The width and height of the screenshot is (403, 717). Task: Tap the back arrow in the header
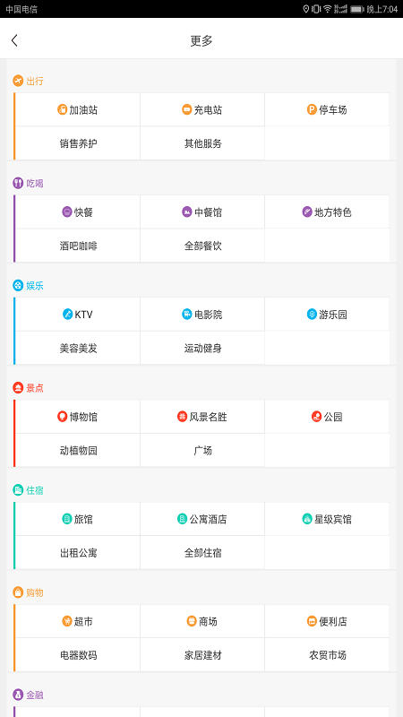click(14, 40)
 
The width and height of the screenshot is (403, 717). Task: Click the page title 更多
click(201, 40)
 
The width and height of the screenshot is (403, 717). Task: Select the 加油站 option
click(78, 109)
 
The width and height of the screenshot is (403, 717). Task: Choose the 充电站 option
click(202, 109)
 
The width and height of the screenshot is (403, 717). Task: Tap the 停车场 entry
click(327, 109)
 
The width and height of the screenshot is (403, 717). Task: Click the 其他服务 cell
click(203, 143)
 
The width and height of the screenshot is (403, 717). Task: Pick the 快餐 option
click(78, 212)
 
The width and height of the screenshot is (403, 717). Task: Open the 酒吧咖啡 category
click(78, 246)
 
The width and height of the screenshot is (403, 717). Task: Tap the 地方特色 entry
click(327, 212)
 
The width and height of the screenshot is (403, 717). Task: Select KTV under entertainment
click(78, 315)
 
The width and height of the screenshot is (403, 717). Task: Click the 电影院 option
click(202, 315)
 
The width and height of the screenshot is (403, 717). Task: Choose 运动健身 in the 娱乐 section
click(203, 349)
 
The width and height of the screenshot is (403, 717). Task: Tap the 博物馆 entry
click(78, 417)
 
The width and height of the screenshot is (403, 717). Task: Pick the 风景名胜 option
click(202, 417)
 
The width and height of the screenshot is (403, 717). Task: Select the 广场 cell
click(202, 451)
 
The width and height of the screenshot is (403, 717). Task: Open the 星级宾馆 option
click(327, 520)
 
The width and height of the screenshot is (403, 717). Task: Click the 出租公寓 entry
click(78, 553)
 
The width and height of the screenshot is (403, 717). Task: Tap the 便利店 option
click(327, 622)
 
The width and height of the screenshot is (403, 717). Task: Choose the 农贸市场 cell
click(328, 656)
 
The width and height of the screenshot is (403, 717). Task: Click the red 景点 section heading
click(29, 388)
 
